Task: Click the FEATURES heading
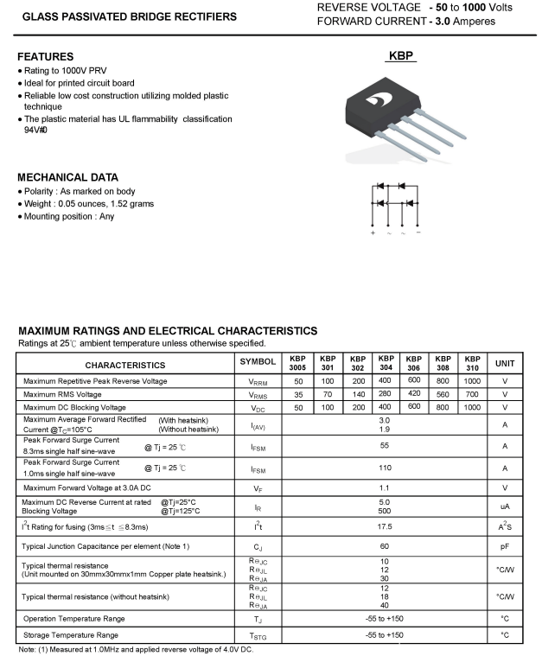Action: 45,56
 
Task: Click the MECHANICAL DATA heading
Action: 67,176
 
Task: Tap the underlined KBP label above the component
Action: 401,55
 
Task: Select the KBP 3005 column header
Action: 297,363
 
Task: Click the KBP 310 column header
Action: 471,363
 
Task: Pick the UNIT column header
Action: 505,364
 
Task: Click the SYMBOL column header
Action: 258,363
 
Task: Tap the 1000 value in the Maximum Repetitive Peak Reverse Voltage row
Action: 471,381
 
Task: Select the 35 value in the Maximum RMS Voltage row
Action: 298,394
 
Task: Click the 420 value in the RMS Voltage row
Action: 413,393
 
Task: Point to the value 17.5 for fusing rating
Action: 385,525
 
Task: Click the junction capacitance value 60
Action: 385,546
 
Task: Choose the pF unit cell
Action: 505,546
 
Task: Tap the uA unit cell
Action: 505,506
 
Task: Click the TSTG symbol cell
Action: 258,636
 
